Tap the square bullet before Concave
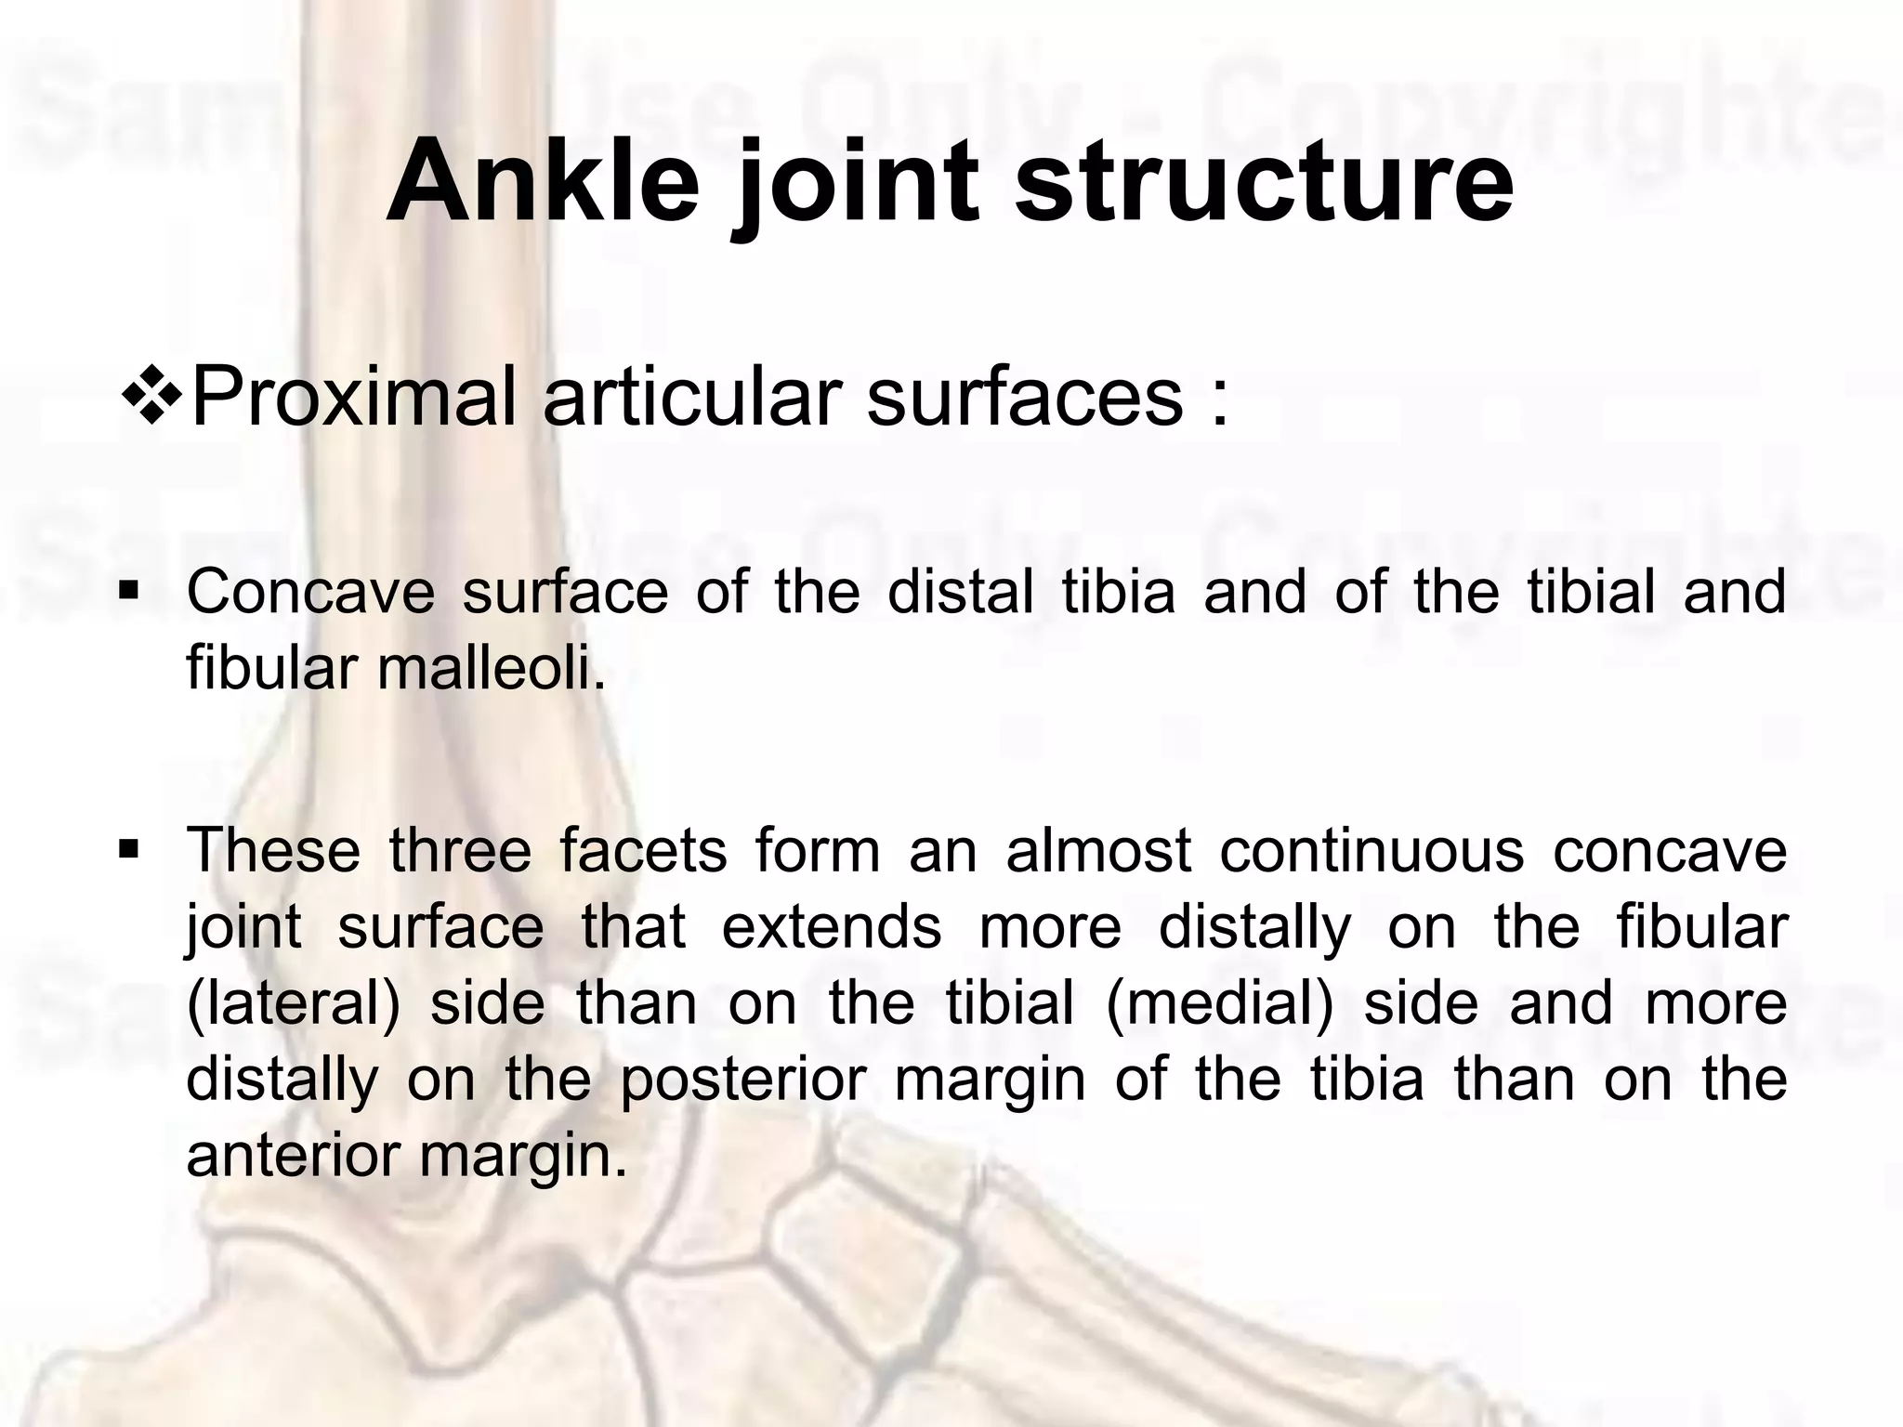coord(129,590)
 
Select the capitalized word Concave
coord(310,592)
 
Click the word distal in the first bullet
coord(960,592)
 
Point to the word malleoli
coord(491,668)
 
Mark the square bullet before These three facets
coord(129,848)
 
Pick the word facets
coord(643,850)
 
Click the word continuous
coord(1371,850)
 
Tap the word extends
coord(832,926)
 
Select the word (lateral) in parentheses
coord(293,1004)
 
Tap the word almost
coord(1097,850)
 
